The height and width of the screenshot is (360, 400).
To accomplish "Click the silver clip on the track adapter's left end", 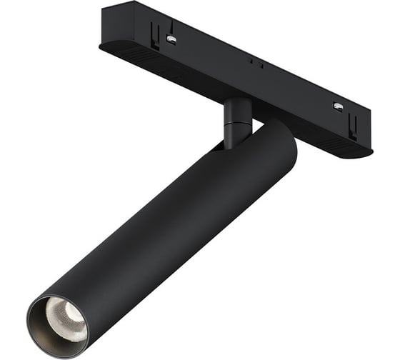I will point(171,39).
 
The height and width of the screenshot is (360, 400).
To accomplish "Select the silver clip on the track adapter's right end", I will point(338,106).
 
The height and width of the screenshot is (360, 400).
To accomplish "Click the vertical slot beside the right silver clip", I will point(352,126).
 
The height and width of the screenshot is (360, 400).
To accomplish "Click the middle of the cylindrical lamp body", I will point(164,229).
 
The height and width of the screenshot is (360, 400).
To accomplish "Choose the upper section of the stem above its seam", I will point(237,111).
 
